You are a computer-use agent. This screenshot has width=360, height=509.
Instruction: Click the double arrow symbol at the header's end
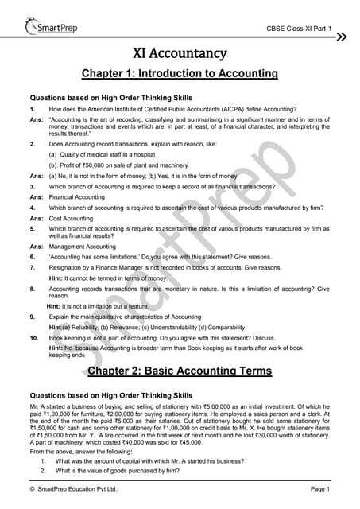(x=341, y=37)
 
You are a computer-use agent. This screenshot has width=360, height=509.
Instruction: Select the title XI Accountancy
(x=180, y=55)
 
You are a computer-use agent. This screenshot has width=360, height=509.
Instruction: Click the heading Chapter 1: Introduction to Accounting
(x=180, y=74)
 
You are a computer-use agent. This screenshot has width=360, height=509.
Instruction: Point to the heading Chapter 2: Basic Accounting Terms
(x=180, y=371)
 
